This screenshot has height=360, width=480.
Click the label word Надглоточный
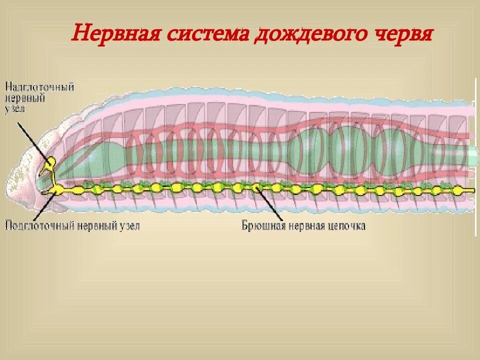39,87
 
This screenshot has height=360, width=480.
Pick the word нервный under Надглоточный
25,98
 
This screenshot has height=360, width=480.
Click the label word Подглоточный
40,226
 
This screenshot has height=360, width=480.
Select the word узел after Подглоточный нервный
127,226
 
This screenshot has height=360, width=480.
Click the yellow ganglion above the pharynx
50,162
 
